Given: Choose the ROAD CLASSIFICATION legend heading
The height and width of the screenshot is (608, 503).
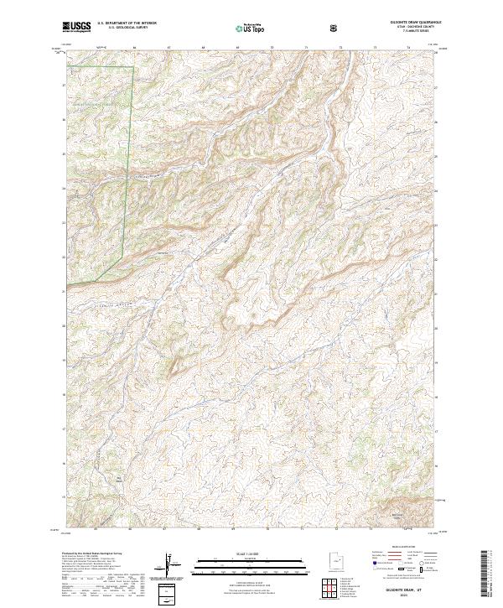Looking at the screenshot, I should [403, 553].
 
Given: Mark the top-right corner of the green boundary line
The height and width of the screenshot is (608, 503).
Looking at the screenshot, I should [133, 65].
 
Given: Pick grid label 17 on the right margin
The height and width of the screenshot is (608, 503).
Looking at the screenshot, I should [438, 429].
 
